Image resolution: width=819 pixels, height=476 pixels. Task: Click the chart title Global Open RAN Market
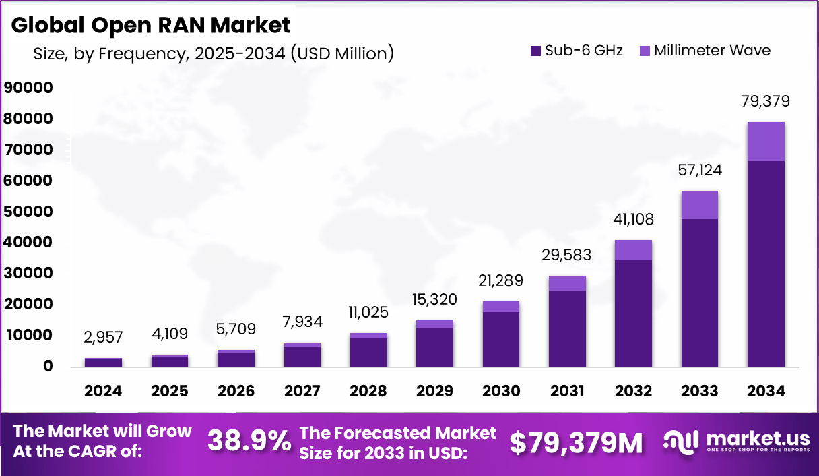pos(152,25)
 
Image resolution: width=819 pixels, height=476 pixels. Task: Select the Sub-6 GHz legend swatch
pos(536,51)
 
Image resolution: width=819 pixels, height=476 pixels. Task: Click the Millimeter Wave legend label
pos(712,51)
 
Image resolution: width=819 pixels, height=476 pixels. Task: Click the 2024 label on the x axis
pos(104,391)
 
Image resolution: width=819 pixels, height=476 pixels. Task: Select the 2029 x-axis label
pos(434,391)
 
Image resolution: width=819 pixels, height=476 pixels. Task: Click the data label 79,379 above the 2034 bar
pos(766,102)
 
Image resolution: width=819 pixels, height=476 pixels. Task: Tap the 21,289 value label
pos(501,280)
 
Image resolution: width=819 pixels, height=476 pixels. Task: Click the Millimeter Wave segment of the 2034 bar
pos(766,142)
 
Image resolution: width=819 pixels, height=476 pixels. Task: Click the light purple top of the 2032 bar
pos(633,250)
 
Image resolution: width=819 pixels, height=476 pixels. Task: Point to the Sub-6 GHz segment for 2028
pos(368,352)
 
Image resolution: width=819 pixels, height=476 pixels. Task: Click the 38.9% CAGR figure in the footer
pos(249,442)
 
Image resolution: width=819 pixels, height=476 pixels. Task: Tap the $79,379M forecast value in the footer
pos(575,442)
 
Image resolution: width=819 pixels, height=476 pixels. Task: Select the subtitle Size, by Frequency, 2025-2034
pos(213,53)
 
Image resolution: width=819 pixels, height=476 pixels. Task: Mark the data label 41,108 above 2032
pos(633,220)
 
